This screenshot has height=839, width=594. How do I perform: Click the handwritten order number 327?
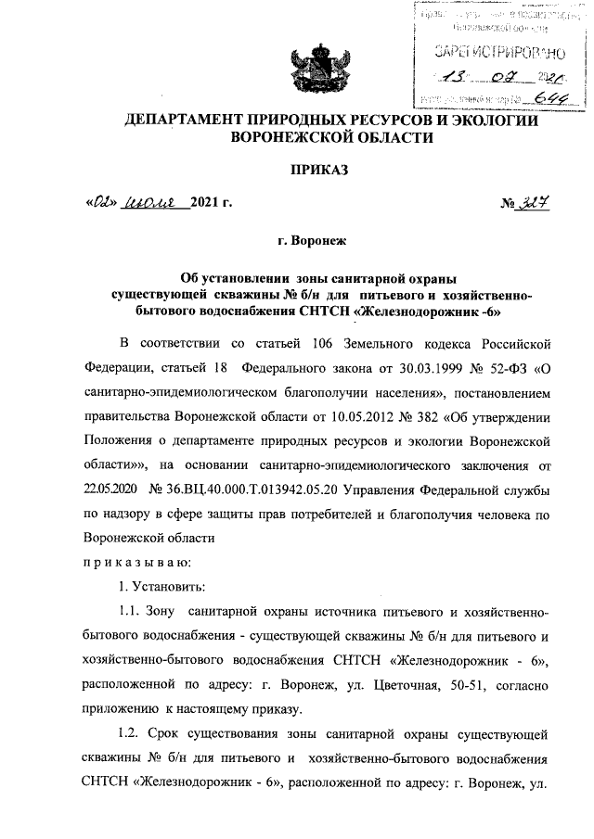pos(528,205)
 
